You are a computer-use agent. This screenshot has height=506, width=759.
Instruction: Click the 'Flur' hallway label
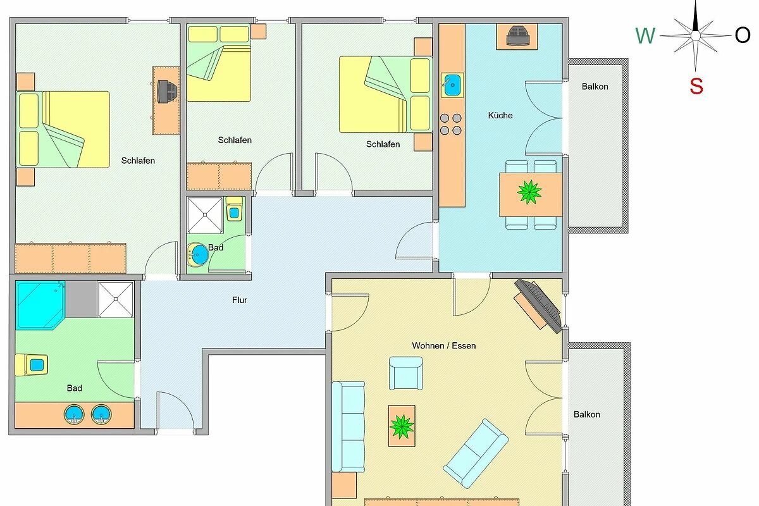240,300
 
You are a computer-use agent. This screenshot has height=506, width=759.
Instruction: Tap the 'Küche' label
500,115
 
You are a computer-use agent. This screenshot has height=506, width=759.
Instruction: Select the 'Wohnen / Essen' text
444,346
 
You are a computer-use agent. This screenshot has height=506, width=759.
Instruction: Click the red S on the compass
696,86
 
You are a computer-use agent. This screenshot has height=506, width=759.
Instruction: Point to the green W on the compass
645,35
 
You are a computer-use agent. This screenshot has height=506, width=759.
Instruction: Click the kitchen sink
452,85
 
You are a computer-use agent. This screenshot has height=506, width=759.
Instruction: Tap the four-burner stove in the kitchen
450,124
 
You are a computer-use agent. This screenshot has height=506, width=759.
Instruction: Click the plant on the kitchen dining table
529,192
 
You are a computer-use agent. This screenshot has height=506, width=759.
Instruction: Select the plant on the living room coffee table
402,426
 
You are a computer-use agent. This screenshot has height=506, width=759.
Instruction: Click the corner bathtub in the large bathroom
40,305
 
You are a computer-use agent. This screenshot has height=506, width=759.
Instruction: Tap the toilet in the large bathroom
31,365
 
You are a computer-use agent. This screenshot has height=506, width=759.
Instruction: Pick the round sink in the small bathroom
198,254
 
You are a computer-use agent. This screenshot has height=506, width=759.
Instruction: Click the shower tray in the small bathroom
205,215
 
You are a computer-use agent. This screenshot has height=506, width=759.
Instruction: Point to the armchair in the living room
405,373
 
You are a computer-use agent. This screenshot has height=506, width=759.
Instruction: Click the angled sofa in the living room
476,454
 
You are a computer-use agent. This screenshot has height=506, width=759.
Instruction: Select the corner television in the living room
538,305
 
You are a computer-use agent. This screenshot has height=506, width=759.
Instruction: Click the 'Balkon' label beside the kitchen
595,87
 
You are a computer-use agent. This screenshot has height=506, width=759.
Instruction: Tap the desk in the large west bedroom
166,101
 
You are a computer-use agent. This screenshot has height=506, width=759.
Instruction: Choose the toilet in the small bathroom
234,209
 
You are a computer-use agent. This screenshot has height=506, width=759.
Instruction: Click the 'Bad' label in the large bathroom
74,388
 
